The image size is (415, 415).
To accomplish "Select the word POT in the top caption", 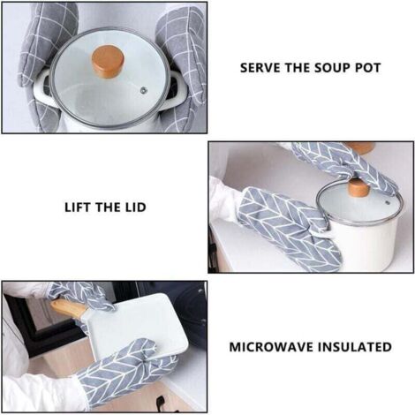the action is click(x=368, y=68).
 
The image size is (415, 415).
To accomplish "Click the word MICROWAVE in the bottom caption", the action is click(x=271, y=347).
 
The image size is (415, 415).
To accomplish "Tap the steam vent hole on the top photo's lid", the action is click(x=143, y=91).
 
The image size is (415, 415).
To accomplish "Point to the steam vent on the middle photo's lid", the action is click(x=388, y=203).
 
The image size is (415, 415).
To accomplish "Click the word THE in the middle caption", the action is click(x=106, y=207).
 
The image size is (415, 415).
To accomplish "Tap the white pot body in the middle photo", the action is click(x=371, y=245).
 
